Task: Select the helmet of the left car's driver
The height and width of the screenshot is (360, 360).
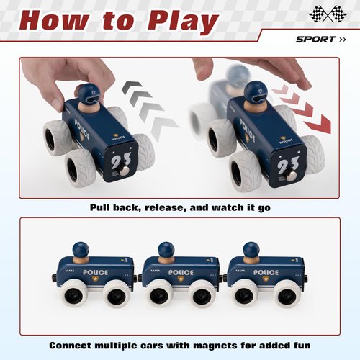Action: tap(89, 92)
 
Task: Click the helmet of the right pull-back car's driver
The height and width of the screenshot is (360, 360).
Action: tap(256, 91)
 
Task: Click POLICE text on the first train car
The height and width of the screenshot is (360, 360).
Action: tap(96, 273)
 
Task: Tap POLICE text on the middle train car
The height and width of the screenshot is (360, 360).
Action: tap(180, 273)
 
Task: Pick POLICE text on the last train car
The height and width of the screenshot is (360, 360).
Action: tap(264, 273)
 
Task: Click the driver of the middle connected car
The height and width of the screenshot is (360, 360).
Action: tap(168, 253)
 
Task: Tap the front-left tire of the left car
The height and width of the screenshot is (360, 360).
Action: tap(78, 168)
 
